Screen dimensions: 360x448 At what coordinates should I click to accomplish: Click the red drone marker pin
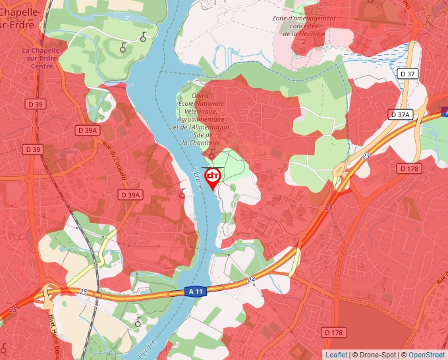[213, 178]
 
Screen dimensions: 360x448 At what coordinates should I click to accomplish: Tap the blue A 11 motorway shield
[195, 291]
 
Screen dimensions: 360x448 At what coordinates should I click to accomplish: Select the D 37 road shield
[408, 74]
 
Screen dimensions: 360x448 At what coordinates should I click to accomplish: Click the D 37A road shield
[401, 115]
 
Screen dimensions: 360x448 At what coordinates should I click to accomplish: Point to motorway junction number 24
[251, 280]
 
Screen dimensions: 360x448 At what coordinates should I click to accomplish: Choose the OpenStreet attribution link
[426, 355]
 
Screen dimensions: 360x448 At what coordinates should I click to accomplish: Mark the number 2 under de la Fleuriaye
[304, 41]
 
